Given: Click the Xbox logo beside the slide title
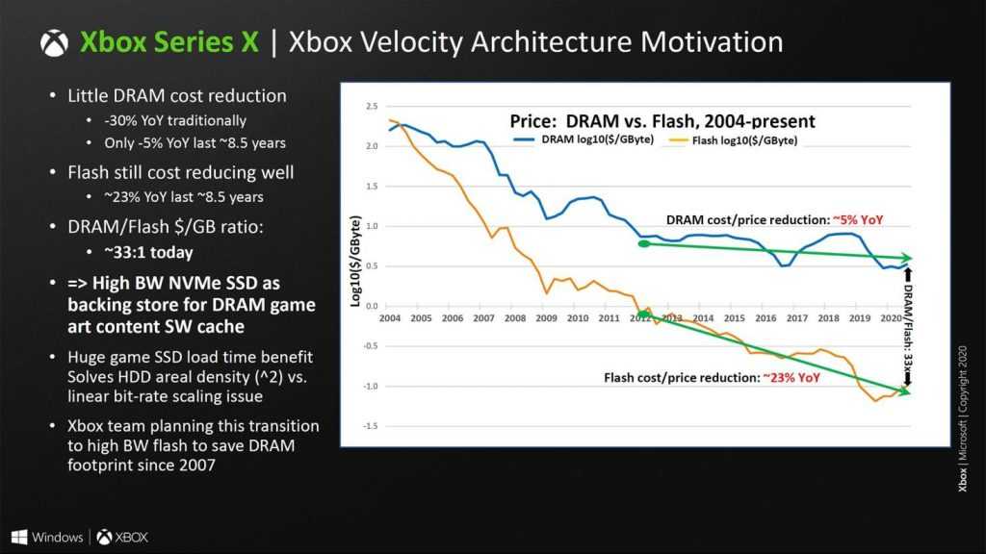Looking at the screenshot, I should (55, 43).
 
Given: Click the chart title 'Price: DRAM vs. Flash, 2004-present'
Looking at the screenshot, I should (662, 121).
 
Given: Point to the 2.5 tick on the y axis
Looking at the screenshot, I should (370, 106).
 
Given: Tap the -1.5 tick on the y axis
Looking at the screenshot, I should (368, 425).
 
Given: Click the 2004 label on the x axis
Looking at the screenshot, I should (389, 317).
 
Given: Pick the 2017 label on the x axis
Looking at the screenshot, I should (796, 317).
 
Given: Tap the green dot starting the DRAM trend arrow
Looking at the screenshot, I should (643, 243).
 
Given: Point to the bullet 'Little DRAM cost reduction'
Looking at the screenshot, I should (176, 96).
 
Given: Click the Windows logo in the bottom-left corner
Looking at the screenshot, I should (19, 536).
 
